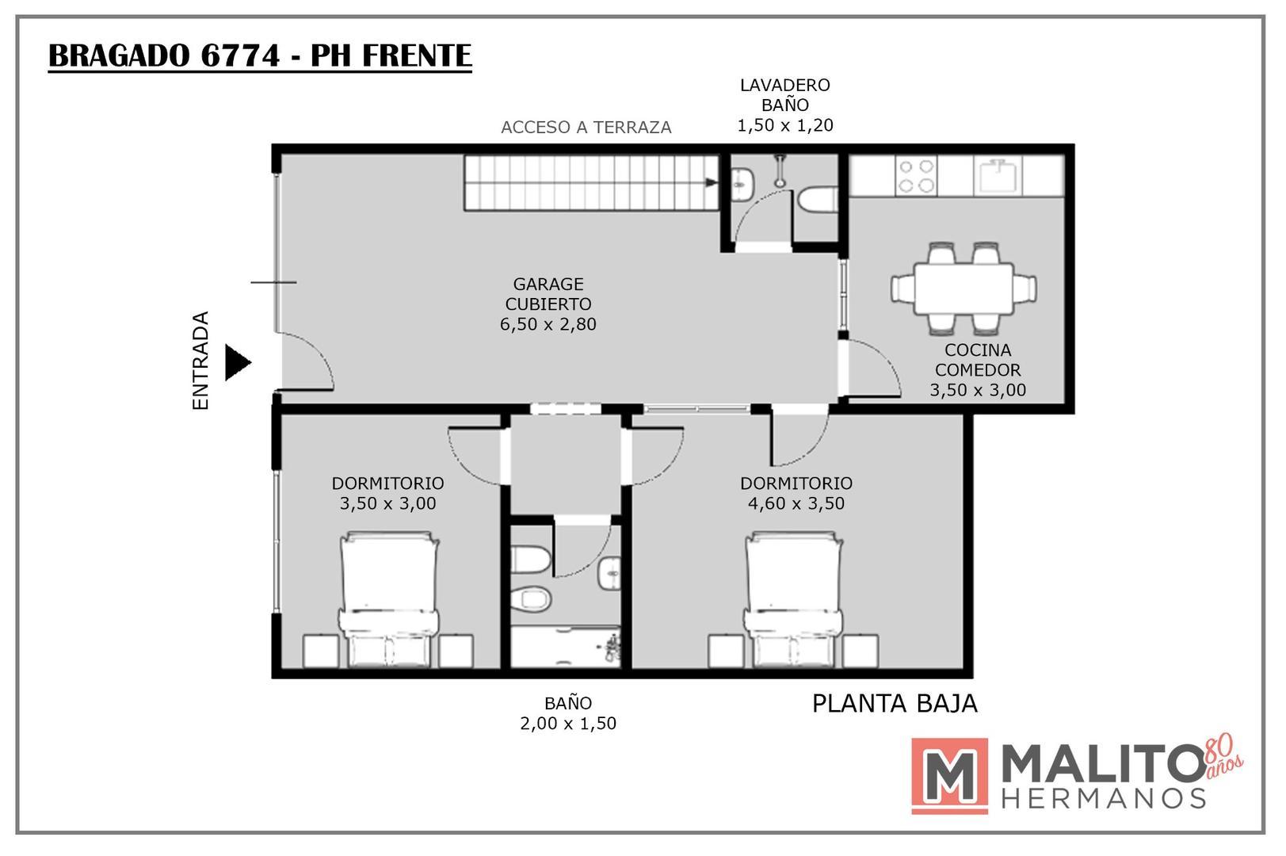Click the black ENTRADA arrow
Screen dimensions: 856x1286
[x=237, y=362]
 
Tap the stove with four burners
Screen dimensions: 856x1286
[x=916, y=176]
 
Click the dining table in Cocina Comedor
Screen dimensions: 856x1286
[x=964, y=287]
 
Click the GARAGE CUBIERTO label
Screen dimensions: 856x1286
[x=548, y=294]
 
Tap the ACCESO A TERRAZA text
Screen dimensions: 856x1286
[x=586, y=128]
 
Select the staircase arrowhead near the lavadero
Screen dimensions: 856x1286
[x=712, y=183]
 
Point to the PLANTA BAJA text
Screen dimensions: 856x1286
[x=895, y=703]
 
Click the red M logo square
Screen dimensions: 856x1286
[x=949, y=775]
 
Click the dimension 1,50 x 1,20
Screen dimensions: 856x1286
[x=784, y=125]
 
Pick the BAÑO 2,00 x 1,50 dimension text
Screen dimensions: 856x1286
[x=567, y=723]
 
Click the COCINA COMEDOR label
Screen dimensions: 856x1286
[x=977, y=360]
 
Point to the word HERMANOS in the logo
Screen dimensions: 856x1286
[x=1103, y=797]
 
